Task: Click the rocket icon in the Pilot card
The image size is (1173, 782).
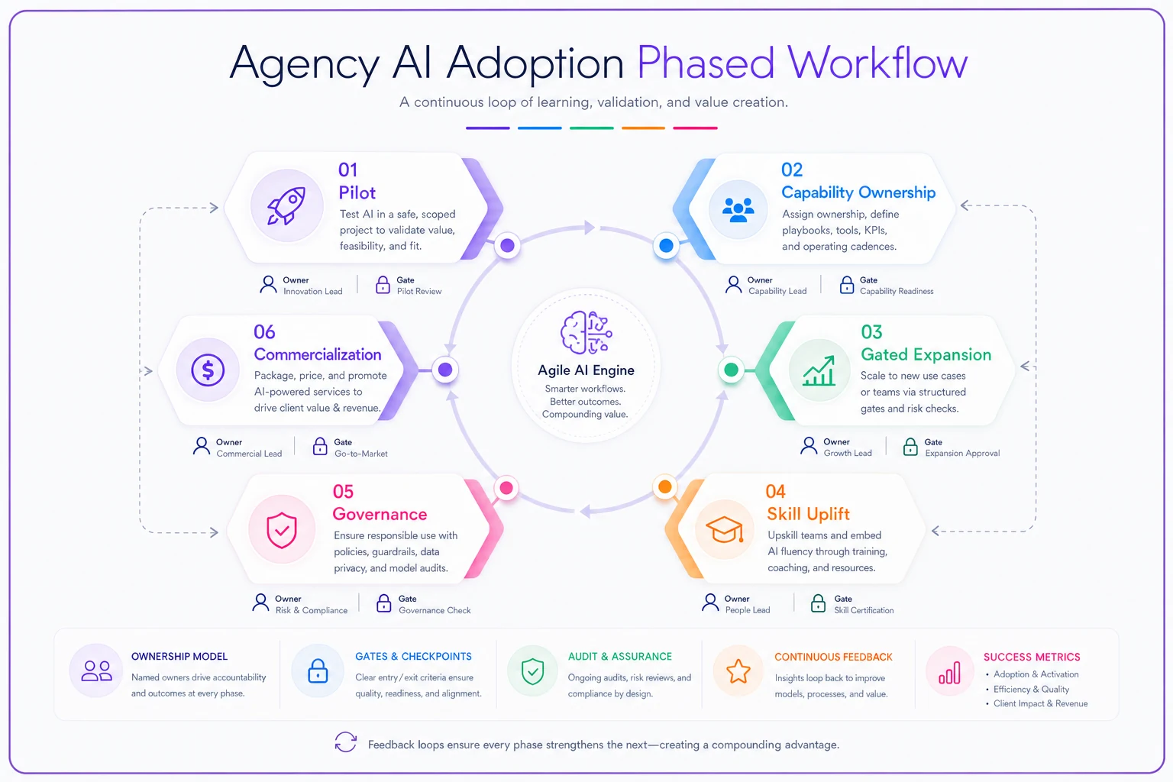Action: (286, 206)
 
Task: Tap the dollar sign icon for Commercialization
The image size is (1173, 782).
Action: (208, 370)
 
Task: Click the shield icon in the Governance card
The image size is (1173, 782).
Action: (282, 529)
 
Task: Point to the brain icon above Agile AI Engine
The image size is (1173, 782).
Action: (586, 333)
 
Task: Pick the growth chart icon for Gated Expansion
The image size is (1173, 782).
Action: (819, 370)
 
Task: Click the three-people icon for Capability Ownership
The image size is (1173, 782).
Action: (738, 210)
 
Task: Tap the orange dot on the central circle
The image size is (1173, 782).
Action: (665, 486)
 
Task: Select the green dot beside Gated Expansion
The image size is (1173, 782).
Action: (731, 370)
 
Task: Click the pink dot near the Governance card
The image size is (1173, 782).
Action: (506, 488)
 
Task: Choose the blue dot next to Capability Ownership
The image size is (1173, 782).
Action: (666, 245)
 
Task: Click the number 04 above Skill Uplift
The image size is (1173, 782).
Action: (776, 491)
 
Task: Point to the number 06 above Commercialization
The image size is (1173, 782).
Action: (264, 331)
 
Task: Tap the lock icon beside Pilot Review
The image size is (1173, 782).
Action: (383, 285)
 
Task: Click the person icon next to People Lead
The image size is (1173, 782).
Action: (710, 603)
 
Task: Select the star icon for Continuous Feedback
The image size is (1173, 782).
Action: (738, 671)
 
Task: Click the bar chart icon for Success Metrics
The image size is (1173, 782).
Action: (950, 673)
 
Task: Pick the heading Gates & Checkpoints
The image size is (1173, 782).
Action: (413, 656)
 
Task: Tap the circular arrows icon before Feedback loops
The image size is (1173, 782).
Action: (346, 742)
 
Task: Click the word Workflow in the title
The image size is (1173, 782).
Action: (877, 63)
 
